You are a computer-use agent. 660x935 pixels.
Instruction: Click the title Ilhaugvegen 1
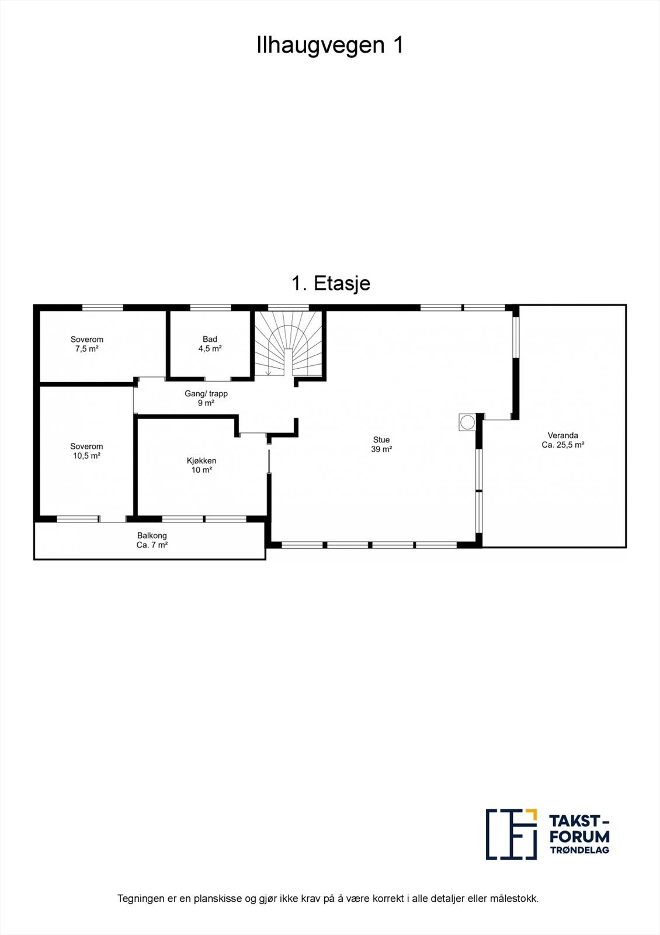coord(330,46)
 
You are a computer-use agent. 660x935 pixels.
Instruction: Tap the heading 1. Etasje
coord(331,283)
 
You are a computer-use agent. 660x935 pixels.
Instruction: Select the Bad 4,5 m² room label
coord(210,344)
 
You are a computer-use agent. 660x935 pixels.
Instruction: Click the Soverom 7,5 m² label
coord(87,344)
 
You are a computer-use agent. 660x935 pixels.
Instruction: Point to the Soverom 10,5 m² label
coord(86,451)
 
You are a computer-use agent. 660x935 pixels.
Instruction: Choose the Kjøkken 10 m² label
coord(202,465)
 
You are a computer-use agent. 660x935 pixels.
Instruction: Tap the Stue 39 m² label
coord(381,444)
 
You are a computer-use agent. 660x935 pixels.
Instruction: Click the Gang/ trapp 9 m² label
coord(206,398)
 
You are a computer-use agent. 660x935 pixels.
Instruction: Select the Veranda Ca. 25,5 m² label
coord(563,439)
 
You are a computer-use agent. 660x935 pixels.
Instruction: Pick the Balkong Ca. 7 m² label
coord(152,540)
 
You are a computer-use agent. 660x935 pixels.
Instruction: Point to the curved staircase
coord(289,345)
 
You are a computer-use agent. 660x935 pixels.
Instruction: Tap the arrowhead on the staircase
coord(268,373)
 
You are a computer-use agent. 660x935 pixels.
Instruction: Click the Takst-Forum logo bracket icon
coord(511,834)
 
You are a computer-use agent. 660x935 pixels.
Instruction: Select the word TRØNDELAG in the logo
coord(579,850)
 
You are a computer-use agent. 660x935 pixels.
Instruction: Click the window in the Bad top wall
coord(211,307)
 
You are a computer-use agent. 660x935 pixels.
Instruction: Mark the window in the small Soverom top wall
coord(102,307)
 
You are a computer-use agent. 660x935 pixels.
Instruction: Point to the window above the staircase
coord(288,307)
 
